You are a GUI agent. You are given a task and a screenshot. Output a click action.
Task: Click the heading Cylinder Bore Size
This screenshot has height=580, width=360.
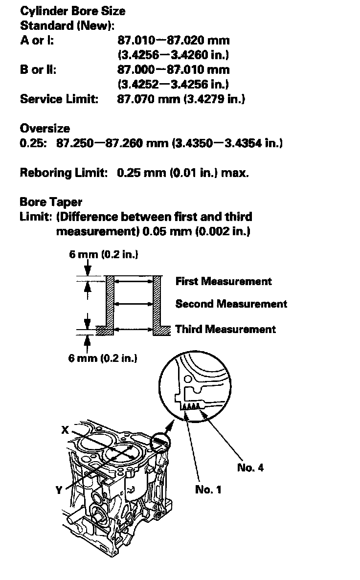click(x=72, y=11)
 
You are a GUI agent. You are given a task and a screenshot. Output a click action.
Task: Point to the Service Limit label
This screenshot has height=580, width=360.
click(x=59, y=99)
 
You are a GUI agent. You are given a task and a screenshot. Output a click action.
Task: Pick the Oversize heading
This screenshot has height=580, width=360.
click(x=45, y=129)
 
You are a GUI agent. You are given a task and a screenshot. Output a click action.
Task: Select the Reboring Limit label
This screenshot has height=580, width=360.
click(x=64, y=173)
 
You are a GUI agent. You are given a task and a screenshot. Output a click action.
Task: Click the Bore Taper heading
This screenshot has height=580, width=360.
click(x=51, y=202)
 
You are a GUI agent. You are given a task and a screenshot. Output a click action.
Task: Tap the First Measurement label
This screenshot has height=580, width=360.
click(x=224, y=281)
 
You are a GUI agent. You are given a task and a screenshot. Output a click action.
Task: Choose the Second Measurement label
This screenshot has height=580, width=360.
click(x=231, y=304)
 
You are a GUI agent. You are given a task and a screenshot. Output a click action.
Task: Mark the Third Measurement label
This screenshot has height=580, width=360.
click(x=225, y=329)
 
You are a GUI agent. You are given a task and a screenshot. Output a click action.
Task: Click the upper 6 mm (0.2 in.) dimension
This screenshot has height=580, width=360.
click(x=103, y=254)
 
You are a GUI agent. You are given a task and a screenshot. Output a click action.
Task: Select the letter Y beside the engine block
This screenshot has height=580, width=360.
click(x=59, y=490)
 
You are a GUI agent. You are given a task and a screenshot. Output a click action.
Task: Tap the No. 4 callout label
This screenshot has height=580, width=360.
click(x=250, y=468)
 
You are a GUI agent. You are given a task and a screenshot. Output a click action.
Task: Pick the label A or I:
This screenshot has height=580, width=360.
click(x=37, y=40)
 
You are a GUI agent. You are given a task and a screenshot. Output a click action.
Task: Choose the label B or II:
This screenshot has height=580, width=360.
click(x=38, y=69)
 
